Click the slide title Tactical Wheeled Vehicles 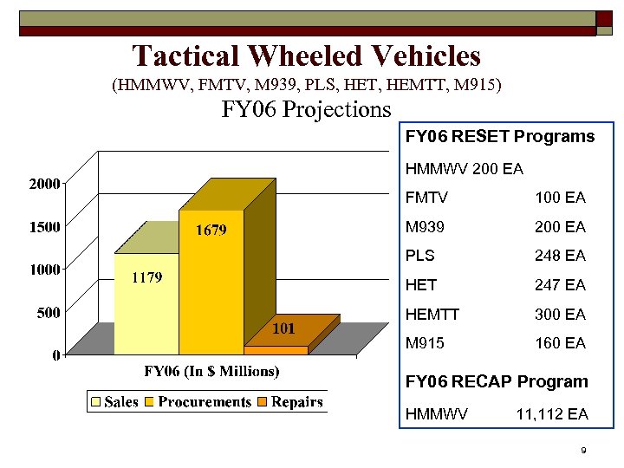[306, 56]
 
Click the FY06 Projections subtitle [307, 110]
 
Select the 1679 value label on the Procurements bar [211, 230]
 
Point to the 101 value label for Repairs [285, 328]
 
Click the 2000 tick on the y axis [43, 184]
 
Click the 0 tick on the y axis [55, 354]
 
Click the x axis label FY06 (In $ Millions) [211, 372]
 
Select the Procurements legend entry [205, 402]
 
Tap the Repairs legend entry [296, 402]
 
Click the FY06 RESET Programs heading [500, 137]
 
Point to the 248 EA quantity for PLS [560, 256]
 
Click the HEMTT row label [431, 314]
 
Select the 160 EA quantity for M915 [560, 343]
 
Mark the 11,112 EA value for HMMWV [552, 414]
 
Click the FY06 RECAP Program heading [497, 381]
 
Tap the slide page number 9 [584, 451]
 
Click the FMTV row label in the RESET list [425, 198]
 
